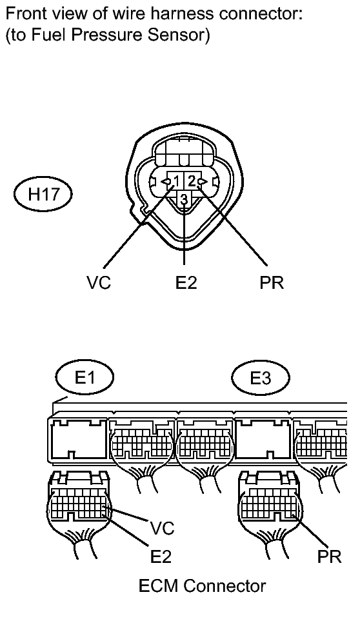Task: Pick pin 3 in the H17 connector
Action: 184,200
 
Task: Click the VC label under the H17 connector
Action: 99,282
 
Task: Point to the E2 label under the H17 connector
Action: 185,282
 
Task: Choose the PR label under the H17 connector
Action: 272,282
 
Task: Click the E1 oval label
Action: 85,378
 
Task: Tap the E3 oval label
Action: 261,378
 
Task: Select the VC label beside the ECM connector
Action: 162,529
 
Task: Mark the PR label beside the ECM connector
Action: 329,556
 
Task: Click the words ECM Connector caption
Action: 202,586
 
